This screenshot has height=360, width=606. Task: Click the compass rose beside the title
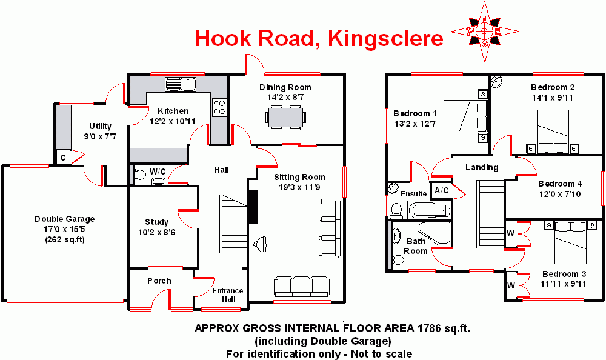coord(485,32)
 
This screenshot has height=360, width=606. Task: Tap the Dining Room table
coord(286,117)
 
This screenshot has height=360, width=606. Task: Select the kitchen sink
coord(181,84)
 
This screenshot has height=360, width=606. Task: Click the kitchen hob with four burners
coord(219,107)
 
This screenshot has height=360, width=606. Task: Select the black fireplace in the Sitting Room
coord(252,207)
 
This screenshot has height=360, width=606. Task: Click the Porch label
coord(159,281)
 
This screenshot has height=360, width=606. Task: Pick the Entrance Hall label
coord(228,295)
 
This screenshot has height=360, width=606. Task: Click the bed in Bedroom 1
coord(465,116)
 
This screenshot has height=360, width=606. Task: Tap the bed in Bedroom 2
coord(553,132)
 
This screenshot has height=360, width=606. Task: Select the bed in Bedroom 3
coord(570,242)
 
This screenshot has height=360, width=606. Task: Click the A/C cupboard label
coord(441,190)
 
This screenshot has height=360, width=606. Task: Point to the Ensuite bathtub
coord(429,210)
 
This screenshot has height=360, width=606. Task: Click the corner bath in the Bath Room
coord(435,233)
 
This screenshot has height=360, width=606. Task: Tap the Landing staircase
coord(490,213)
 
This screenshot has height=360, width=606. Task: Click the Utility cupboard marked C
coord(63,158)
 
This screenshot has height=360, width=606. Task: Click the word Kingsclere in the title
coord(385,38)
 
